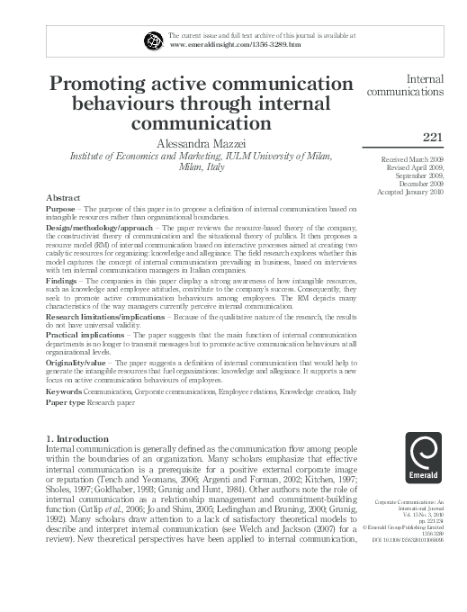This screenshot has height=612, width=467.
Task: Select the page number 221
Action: (434, 138)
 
